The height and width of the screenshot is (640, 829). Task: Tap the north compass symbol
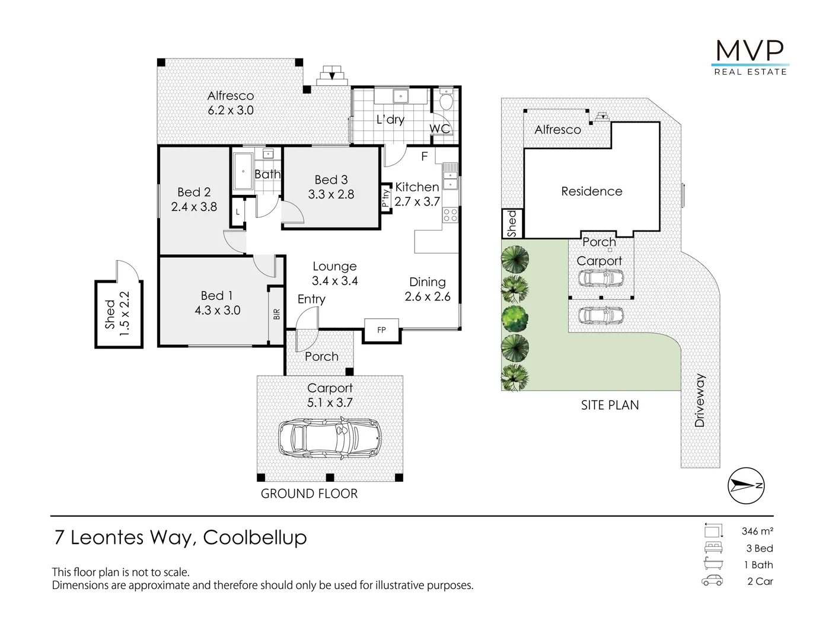tap(746, 485)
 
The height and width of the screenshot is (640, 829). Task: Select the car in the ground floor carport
tap(330, 438)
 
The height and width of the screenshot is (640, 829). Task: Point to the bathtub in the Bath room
tap(243, 172)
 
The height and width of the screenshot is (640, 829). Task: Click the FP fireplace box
tap(381, 330)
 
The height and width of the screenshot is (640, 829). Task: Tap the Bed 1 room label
tap(216, 295)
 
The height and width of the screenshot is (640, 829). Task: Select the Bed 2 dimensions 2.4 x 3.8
tap(194, 207)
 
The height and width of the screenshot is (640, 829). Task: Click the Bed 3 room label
tap(331, 180)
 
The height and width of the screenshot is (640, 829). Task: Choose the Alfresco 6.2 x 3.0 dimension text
tap(230, 110)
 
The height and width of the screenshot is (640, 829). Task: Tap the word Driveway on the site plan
tap(700, 400)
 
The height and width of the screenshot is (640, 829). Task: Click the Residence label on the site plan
tap(591, 191)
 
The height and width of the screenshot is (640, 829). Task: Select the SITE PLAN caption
tap(610, 405)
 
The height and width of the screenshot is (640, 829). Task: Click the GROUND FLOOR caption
tap(309, 494)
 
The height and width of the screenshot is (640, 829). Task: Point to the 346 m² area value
tap(757, 532)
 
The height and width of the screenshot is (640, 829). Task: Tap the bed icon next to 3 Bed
tap(713, 548)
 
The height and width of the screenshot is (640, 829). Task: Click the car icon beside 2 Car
tap(712, 581)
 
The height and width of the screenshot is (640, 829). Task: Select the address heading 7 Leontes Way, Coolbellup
tap(181, 537)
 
